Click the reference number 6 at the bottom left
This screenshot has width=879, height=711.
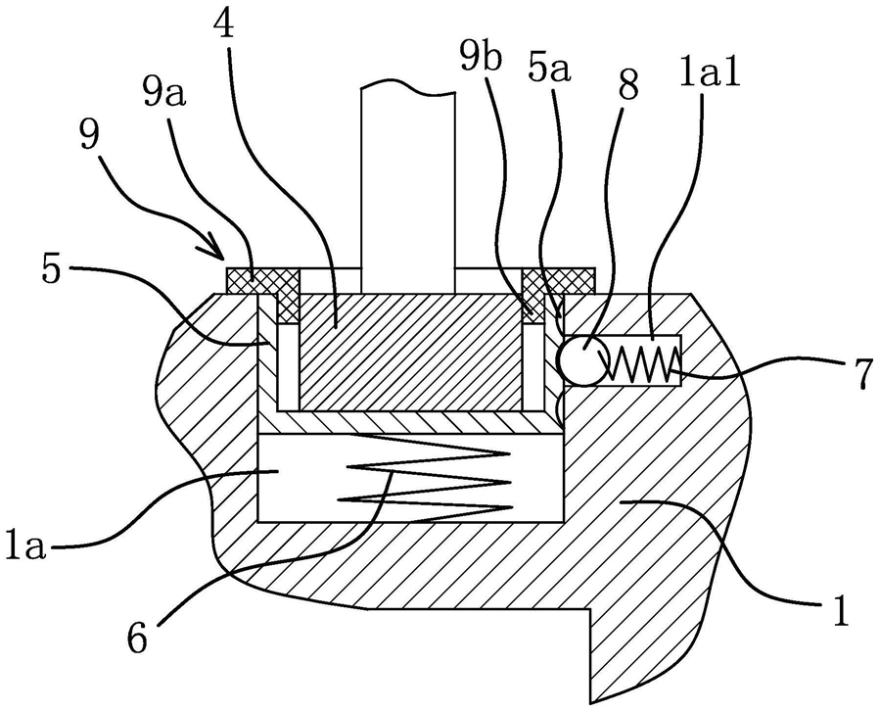tap(137, 637)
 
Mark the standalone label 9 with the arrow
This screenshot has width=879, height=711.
tap(88, 135)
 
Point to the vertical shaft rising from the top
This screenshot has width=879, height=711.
tap(407, 188)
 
